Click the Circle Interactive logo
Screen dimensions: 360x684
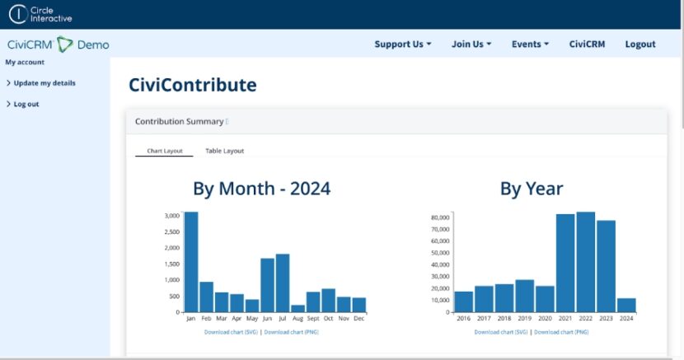(x=40, y=14)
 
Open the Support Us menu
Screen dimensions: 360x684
(x=402, y=44)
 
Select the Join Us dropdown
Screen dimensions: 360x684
(x=471, y=44)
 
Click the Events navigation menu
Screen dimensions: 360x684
(x=530, y=44)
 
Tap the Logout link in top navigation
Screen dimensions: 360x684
(x=640, y=44)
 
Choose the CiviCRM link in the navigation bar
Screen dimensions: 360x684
(x=587, y=44)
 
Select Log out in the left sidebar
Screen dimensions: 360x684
(x=26, y=105)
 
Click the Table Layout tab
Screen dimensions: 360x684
(x=224, y=151)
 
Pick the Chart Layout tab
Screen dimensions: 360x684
(x=164, y=151)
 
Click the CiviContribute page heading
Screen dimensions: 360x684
(x=192, y=85)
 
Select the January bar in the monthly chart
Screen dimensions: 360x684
(x=190, y=262)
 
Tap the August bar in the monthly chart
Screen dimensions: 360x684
(x=297, y=308)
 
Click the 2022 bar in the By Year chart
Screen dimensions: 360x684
(x=586, y=262)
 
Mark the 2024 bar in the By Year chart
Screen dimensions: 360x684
(x=626, y=305)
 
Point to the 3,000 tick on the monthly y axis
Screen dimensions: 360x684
(x=171, y=216)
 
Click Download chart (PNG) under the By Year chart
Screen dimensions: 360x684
(x=561, y=332)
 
